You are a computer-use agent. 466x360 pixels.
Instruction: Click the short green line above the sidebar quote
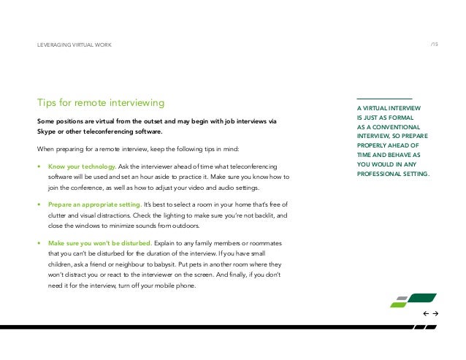(384, 99)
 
